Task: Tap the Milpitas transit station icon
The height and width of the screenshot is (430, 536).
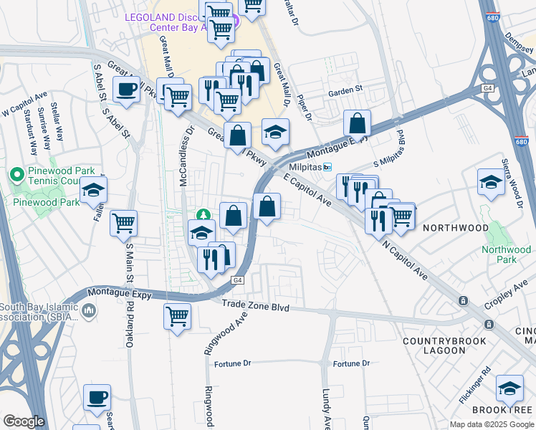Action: [x=328, y=167]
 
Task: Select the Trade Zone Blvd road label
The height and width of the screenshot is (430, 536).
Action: [x=255, y=307]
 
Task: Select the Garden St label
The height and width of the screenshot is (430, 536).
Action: [x=347, y=92]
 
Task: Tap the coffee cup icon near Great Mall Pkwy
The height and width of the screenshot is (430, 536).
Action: [x=126, y=90]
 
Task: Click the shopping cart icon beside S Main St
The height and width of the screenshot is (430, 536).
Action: [x=123, y=223]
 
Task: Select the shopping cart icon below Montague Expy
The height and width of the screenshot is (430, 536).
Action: [x=177, y=315]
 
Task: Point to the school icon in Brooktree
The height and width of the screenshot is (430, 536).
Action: [x=509, y=388]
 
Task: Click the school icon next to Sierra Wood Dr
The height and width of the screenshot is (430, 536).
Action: [x=492, y=182]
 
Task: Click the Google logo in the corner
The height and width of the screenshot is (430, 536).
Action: [x=24, y=421]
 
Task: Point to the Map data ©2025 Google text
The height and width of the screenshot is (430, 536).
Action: [x=492, y=424]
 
